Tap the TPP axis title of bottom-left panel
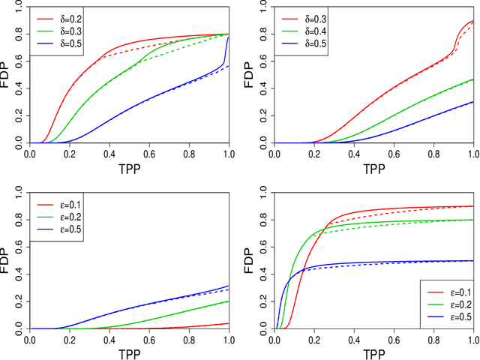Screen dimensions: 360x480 pyautogui.click(x=128, y=353)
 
